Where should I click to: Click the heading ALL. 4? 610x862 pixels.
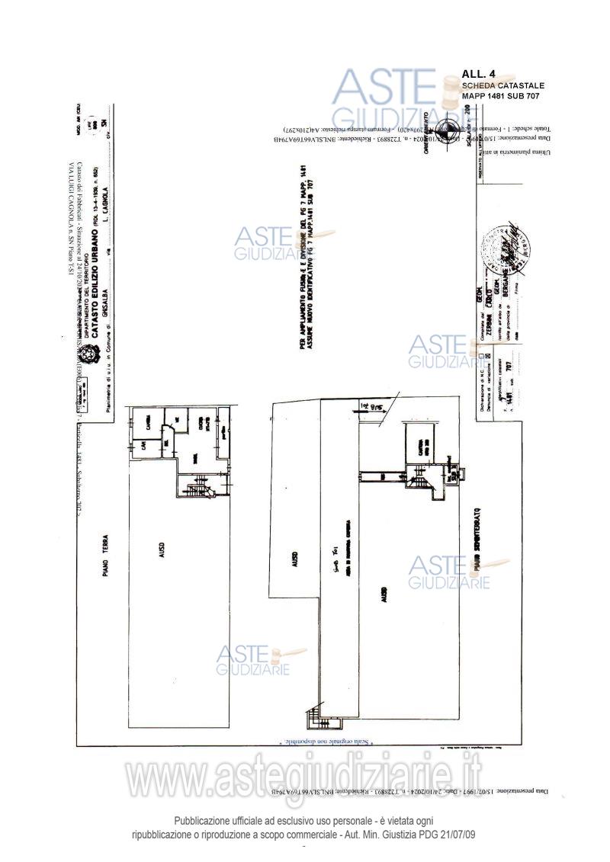point(478,74)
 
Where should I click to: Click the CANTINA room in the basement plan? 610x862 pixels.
point(418,444)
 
